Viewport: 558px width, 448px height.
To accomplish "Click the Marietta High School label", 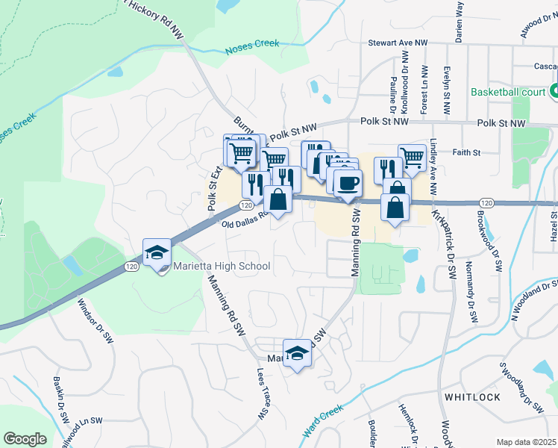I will (x=222, y=266).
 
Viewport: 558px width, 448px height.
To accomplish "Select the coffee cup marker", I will (x=348, y=181).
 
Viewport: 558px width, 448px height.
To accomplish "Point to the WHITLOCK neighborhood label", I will (x=472, y=396).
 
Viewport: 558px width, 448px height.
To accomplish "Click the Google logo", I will (x=25, y=439).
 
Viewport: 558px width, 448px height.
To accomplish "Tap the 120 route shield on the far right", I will (x=486, y=202).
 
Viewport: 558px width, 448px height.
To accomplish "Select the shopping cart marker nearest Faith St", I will (x=411, y=157).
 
